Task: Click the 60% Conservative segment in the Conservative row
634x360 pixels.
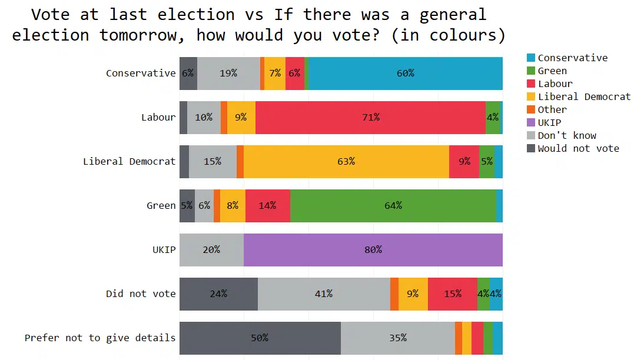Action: (405, 74)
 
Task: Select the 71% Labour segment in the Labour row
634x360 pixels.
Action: (370, 117)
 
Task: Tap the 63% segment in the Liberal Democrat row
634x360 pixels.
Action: (346, 161)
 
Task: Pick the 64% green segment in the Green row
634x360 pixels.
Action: (393, 205)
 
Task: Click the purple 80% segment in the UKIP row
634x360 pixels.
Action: (373, 249)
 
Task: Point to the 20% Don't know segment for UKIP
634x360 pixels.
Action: (211, 249)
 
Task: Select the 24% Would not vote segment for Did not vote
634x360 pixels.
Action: (218, 294)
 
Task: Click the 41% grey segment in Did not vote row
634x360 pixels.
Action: (324, 294)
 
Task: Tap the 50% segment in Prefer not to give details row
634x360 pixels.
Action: (260, 338)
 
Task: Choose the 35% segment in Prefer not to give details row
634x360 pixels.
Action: (397, 338)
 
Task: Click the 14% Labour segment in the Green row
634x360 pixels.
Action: (268, 205)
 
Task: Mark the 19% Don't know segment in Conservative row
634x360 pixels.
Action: (228, 74)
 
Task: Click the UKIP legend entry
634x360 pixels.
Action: (549, 122)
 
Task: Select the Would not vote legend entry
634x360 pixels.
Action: (578, 148)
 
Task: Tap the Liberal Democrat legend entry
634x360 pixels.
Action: (583, 96)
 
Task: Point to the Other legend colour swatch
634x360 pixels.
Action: (530, 109)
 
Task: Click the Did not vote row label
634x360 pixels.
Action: (141, 294)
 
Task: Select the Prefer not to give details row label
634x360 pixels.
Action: (100, 338)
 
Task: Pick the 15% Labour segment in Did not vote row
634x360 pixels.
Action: (452, 294)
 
